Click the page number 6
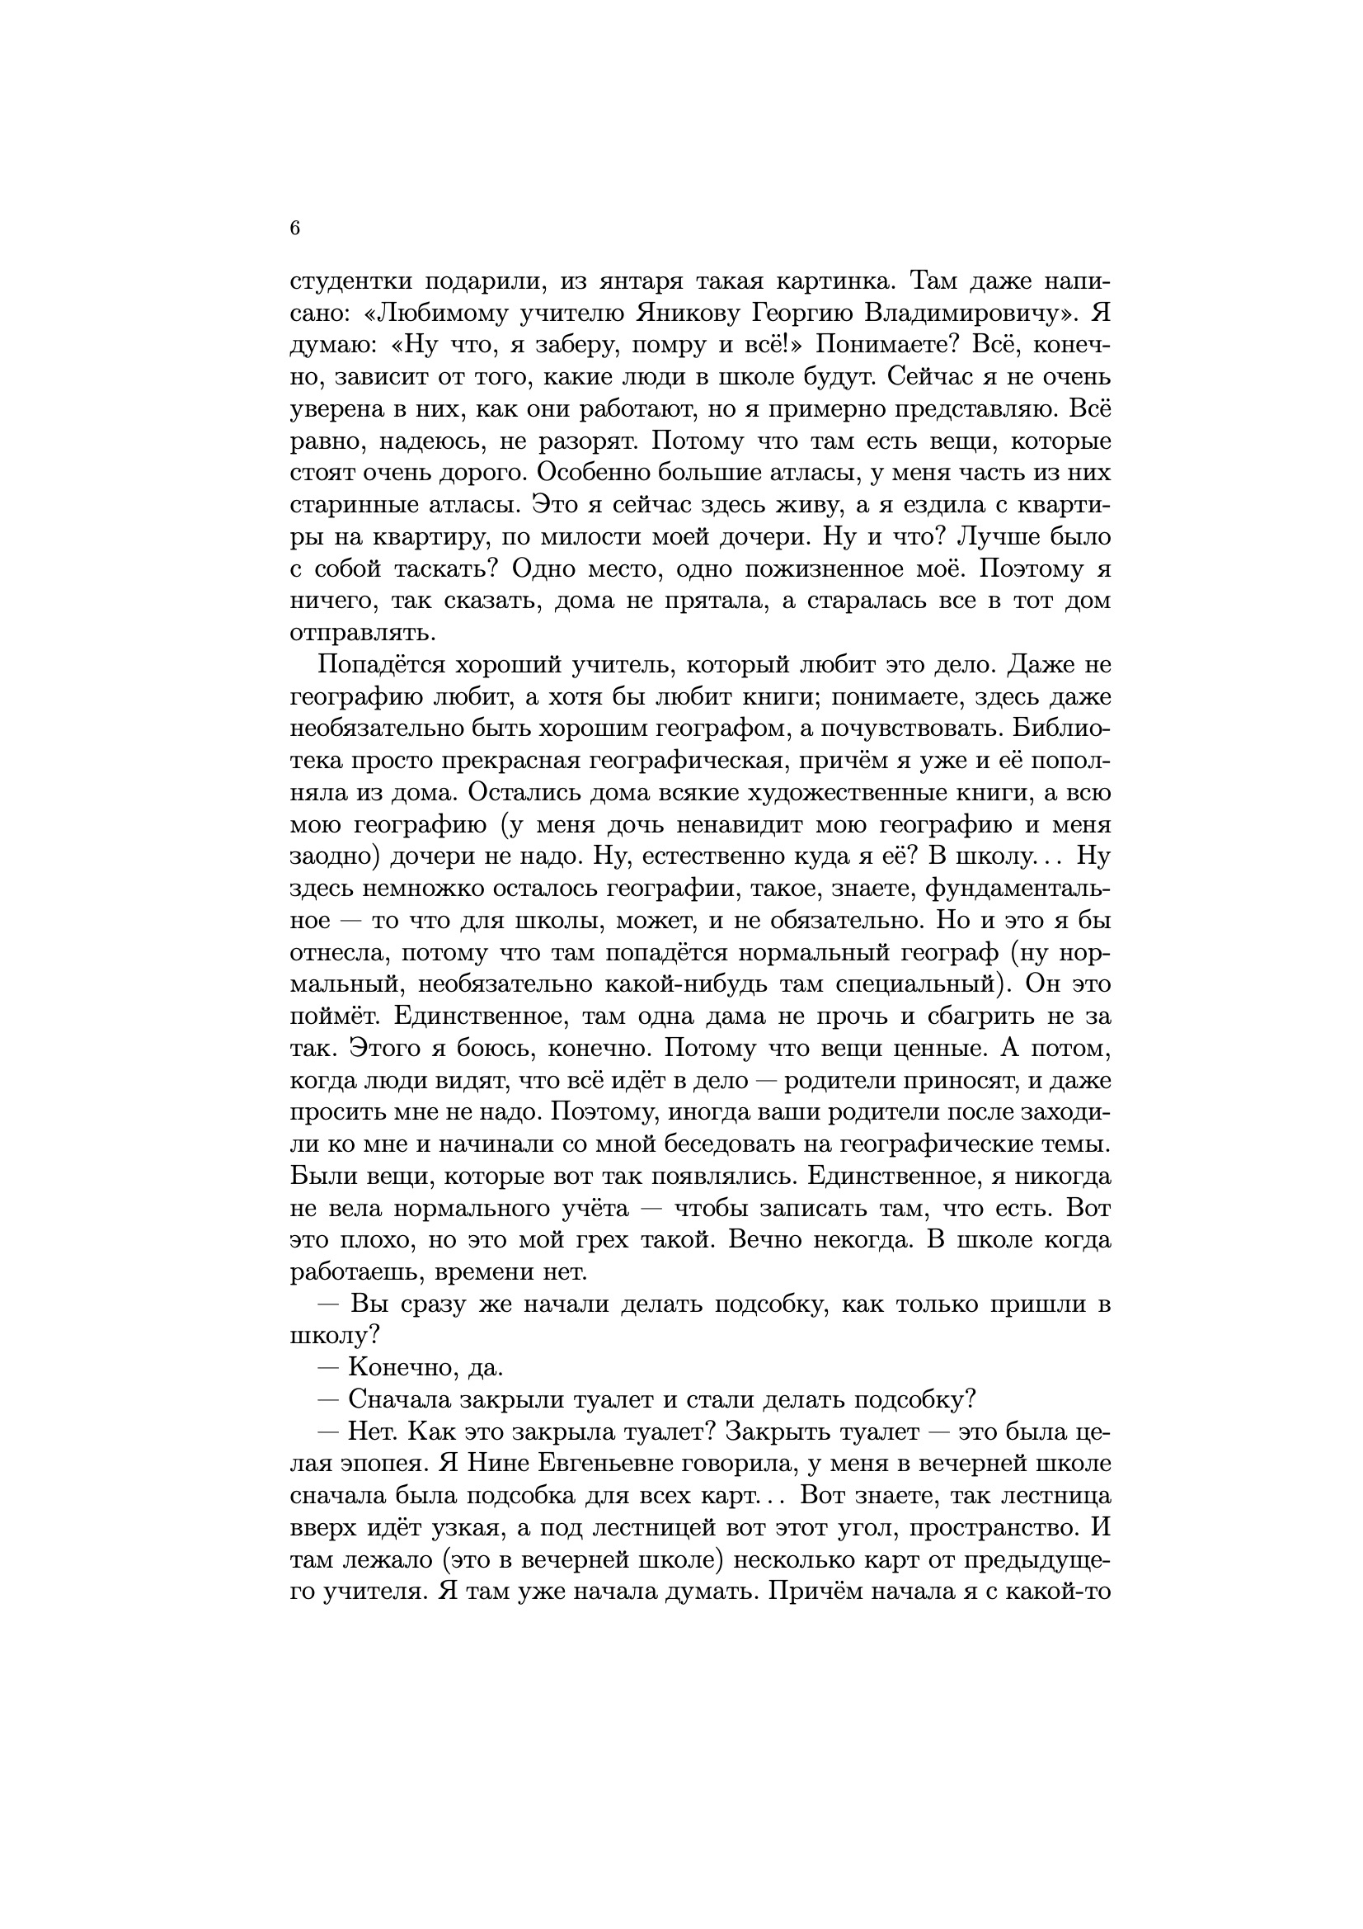click(x=294, y=229)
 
